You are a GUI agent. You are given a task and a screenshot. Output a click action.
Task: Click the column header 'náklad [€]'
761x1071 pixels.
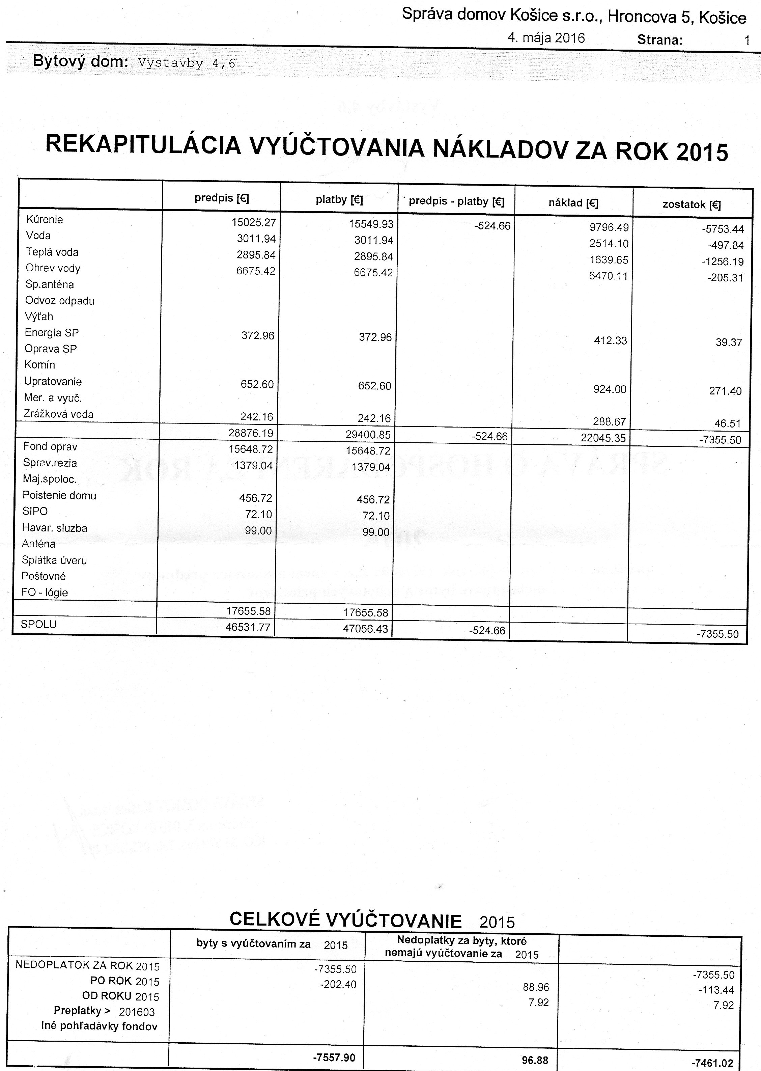click(573, 203)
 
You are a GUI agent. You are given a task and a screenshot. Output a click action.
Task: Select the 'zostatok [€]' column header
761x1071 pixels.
click(691, 204)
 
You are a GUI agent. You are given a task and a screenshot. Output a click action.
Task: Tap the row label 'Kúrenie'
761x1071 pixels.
click(45, 219)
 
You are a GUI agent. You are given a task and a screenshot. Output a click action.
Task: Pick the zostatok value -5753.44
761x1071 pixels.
click(721, 229)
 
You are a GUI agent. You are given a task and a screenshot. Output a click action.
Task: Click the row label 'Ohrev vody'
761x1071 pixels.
click(53, 268)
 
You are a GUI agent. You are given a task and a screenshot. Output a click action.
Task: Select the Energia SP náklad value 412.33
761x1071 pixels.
click(610, 341)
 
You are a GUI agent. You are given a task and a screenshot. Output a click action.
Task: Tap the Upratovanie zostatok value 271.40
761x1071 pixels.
click(725, 391)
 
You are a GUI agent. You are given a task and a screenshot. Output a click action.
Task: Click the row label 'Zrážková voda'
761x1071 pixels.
click(59, 414)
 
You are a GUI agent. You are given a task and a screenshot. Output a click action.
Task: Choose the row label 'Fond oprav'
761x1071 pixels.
click(50, 447)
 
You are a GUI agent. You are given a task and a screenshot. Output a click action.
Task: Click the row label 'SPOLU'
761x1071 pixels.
click(38, 624)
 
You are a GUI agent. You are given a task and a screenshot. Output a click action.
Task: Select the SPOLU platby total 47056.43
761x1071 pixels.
click(366, 629)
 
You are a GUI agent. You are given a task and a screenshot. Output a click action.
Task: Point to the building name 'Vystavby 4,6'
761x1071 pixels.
click(187, 63)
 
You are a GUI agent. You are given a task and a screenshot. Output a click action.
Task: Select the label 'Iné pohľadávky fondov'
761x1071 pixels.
click(100, 1026)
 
